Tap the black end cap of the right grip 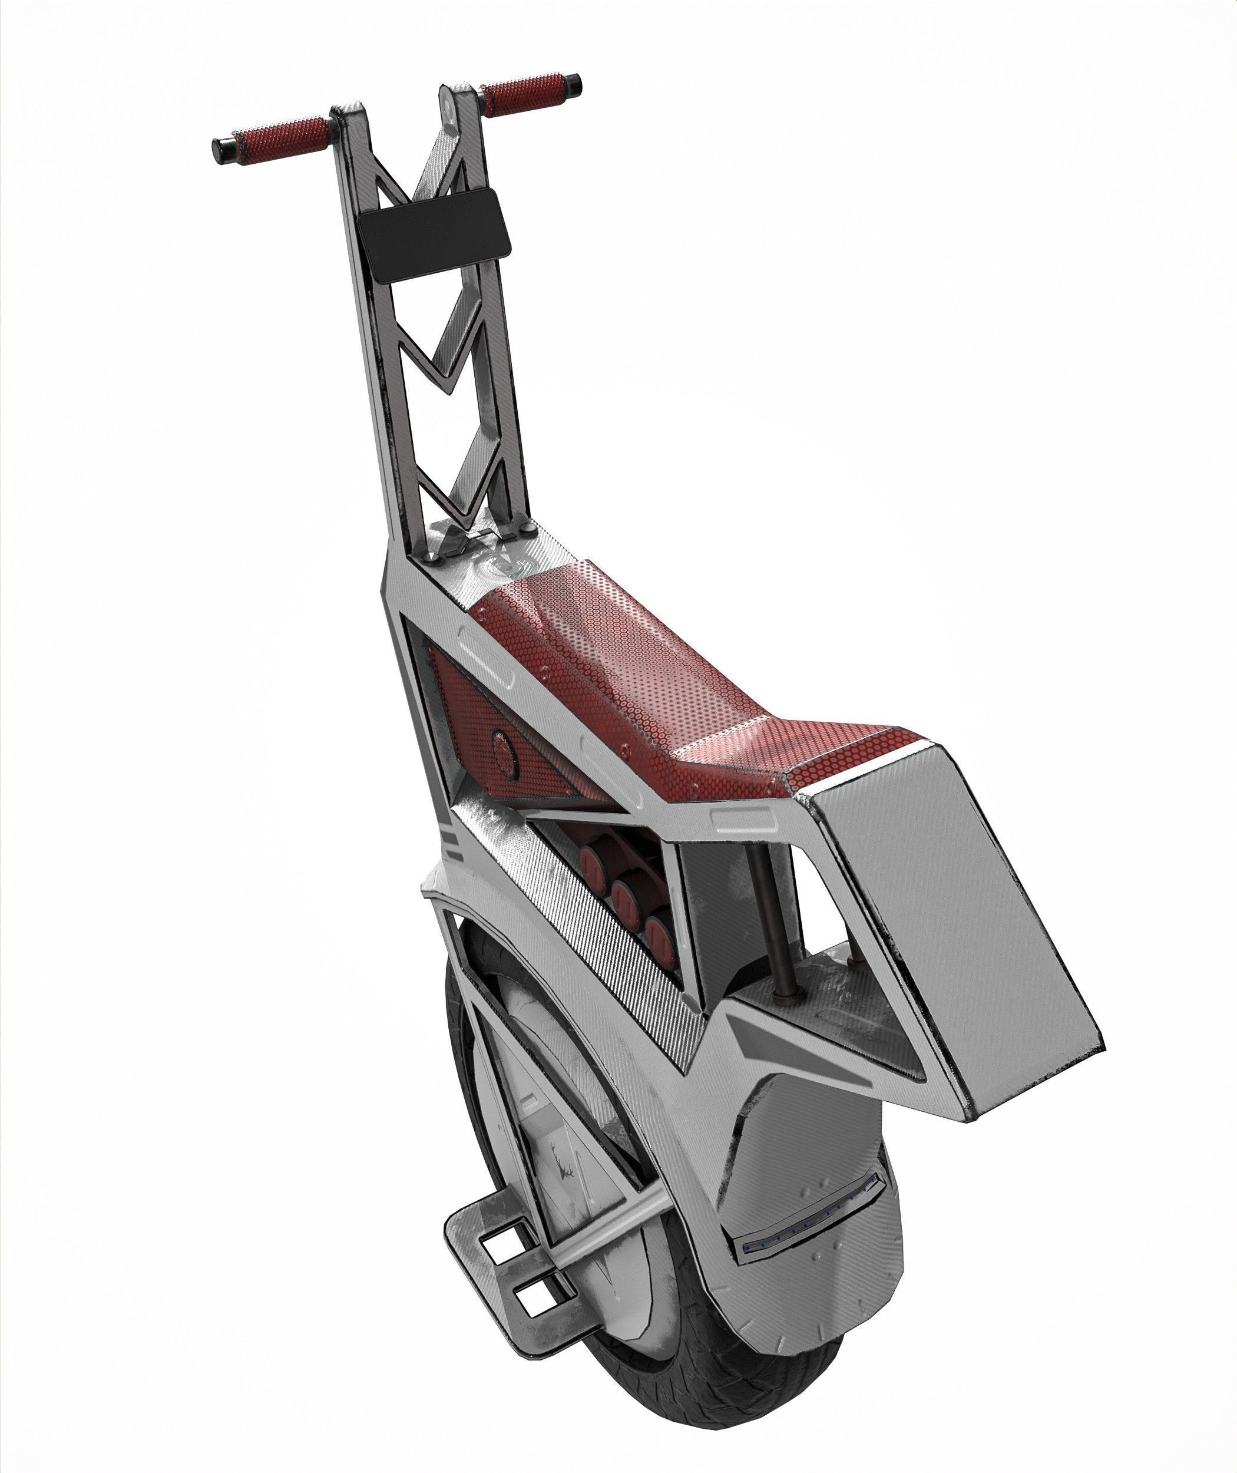pyautogui.click(x=573, y=85)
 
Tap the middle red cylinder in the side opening pyautogui.click(x=626, y=897)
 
